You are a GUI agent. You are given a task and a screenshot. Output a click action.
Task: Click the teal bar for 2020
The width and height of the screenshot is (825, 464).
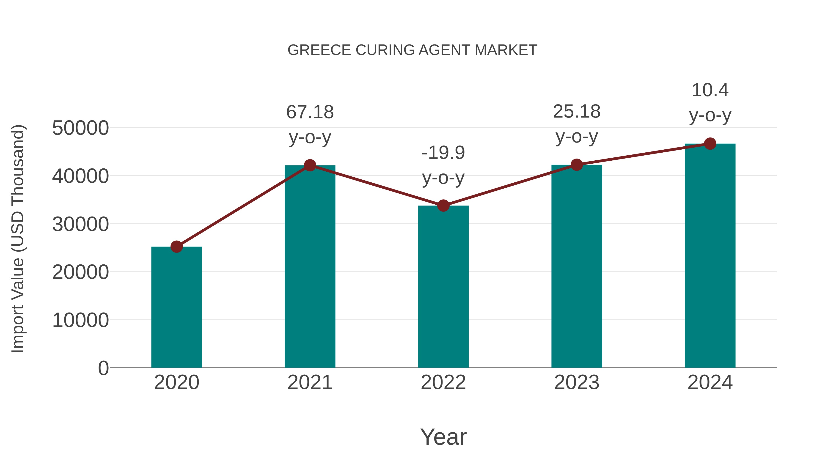coord(176,308)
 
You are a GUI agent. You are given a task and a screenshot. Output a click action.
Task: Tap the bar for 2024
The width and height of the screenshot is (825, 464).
coord(710,256)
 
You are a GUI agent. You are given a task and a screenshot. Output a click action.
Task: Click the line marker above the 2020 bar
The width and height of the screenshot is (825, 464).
coord(176,247)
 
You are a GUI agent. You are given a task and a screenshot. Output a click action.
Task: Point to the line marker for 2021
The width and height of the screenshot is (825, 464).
coord(310,165)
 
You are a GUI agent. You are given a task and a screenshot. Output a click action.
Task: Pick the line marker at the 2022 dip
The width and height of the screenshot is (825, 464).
coord(443,206)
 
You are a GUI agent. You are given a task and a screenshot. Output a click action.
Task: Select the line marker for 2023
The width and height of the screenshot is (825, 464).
coord(577,165)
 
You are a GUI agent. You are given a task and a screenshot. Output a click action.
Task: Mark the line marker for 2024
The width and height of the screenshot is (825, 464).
coord(710,144)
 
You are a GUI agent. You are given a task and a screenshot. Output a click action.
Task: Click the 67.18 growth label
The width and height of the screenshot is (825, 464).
coord(310,113)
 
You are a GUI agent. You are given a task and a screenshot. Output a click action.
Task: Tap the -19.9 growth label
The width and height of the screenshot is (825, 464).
coord(443,153)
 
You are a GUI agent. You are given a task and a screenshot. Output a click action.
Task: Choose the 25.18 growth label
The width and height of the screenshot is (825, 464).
coord(577,112)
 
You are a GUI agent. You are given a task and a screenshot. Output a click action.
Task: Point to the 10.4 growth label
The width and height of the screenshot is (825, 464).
coord(710,90)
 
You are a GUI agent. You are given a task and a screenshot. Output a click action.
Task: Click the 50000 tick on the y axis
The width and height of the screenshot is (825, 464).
coord(80,128)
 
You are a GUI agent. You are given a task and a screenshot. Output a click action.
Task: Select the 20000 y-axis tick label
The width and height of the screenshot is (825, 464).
coord(80,272)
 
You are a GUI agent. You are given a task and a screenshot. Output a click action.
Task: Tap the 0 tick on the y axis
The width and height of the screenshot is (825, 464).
coord(103,368)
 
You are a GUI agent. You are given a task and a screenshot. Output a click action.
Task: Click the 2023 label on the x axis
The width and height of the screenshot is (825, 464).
coord(577,382)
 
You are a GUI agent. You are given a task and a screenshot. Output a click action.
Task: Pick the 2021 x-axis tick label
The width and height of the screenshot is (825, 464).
coord(310,382)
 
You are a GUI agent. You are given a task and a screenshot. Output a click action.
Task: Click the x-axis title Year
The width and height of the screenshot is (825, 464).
coord(443,437)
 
